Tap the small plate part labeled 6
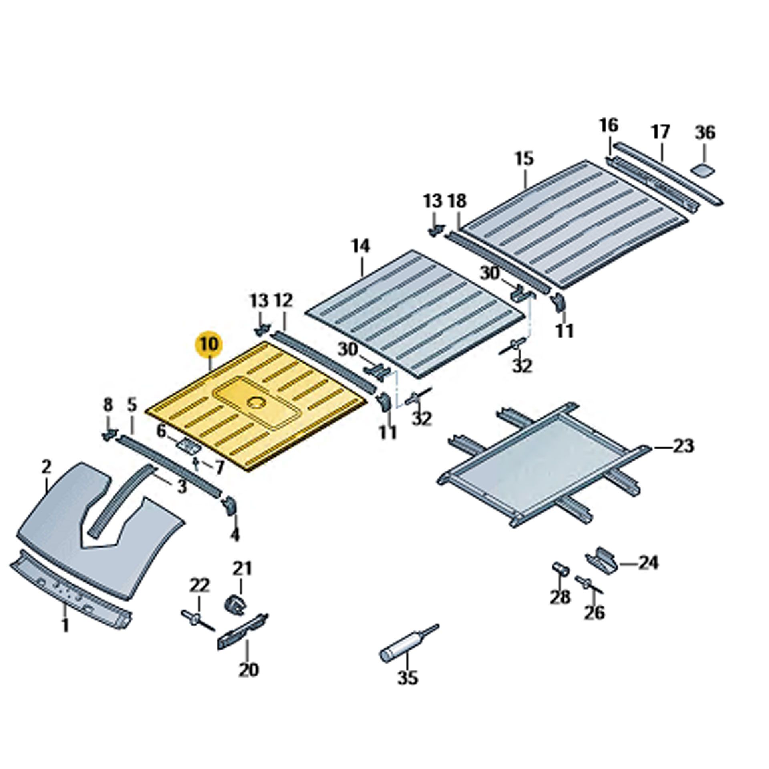pyautogui.click(x=187, y=445)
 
